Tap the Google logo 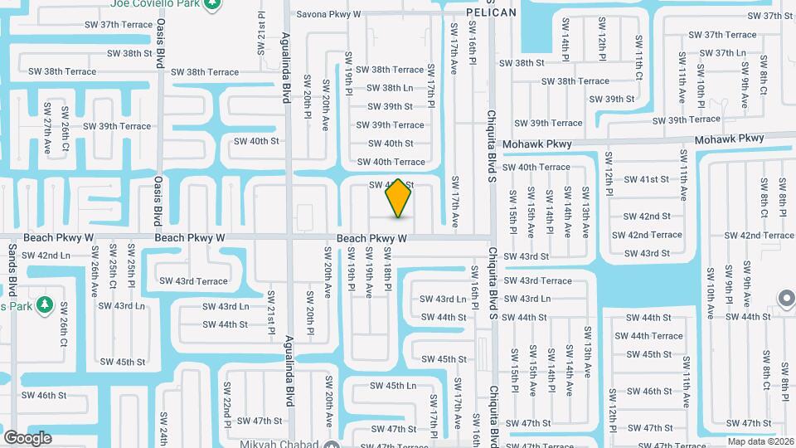point(27,437)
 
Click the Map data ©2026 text point(760,441)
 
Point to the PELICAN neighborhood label point(491,12)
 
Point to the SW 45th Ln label point(393,386)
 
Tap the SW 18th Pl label point(387,276)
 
